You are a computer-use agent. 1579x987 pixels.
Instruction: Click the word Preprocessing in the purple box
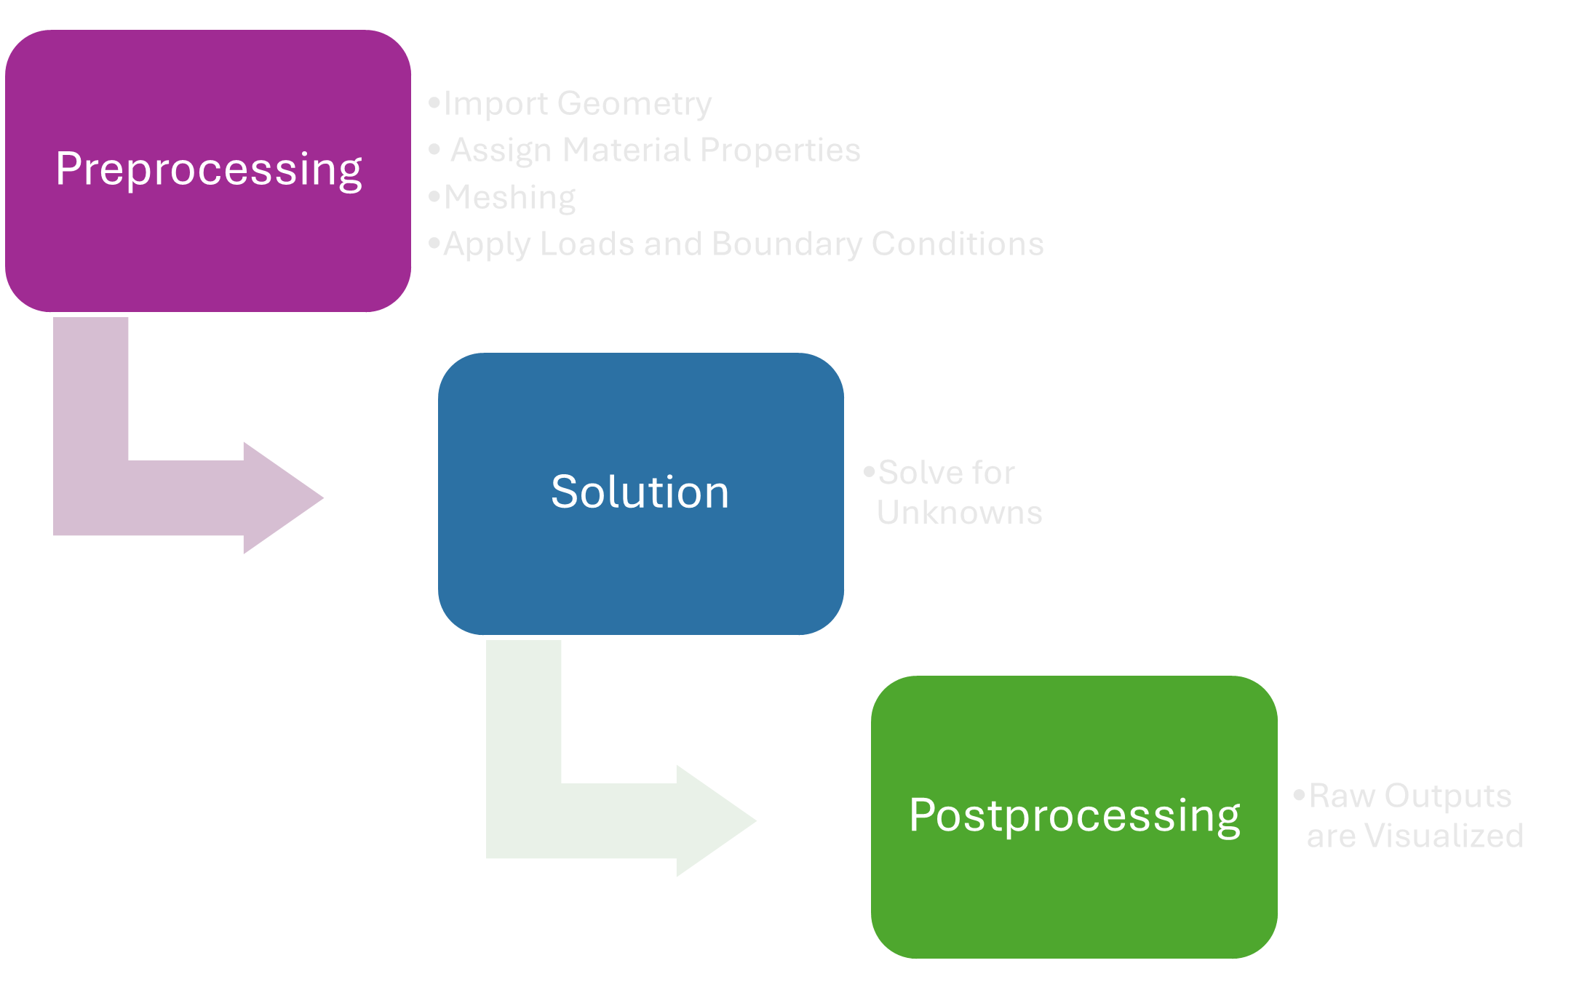[209, 169]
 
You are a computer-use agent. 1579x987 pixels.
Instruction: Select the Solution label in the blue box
[640, 492]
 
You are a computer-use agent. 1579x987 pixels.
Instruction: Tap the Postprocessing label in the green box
[1074, 815]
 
